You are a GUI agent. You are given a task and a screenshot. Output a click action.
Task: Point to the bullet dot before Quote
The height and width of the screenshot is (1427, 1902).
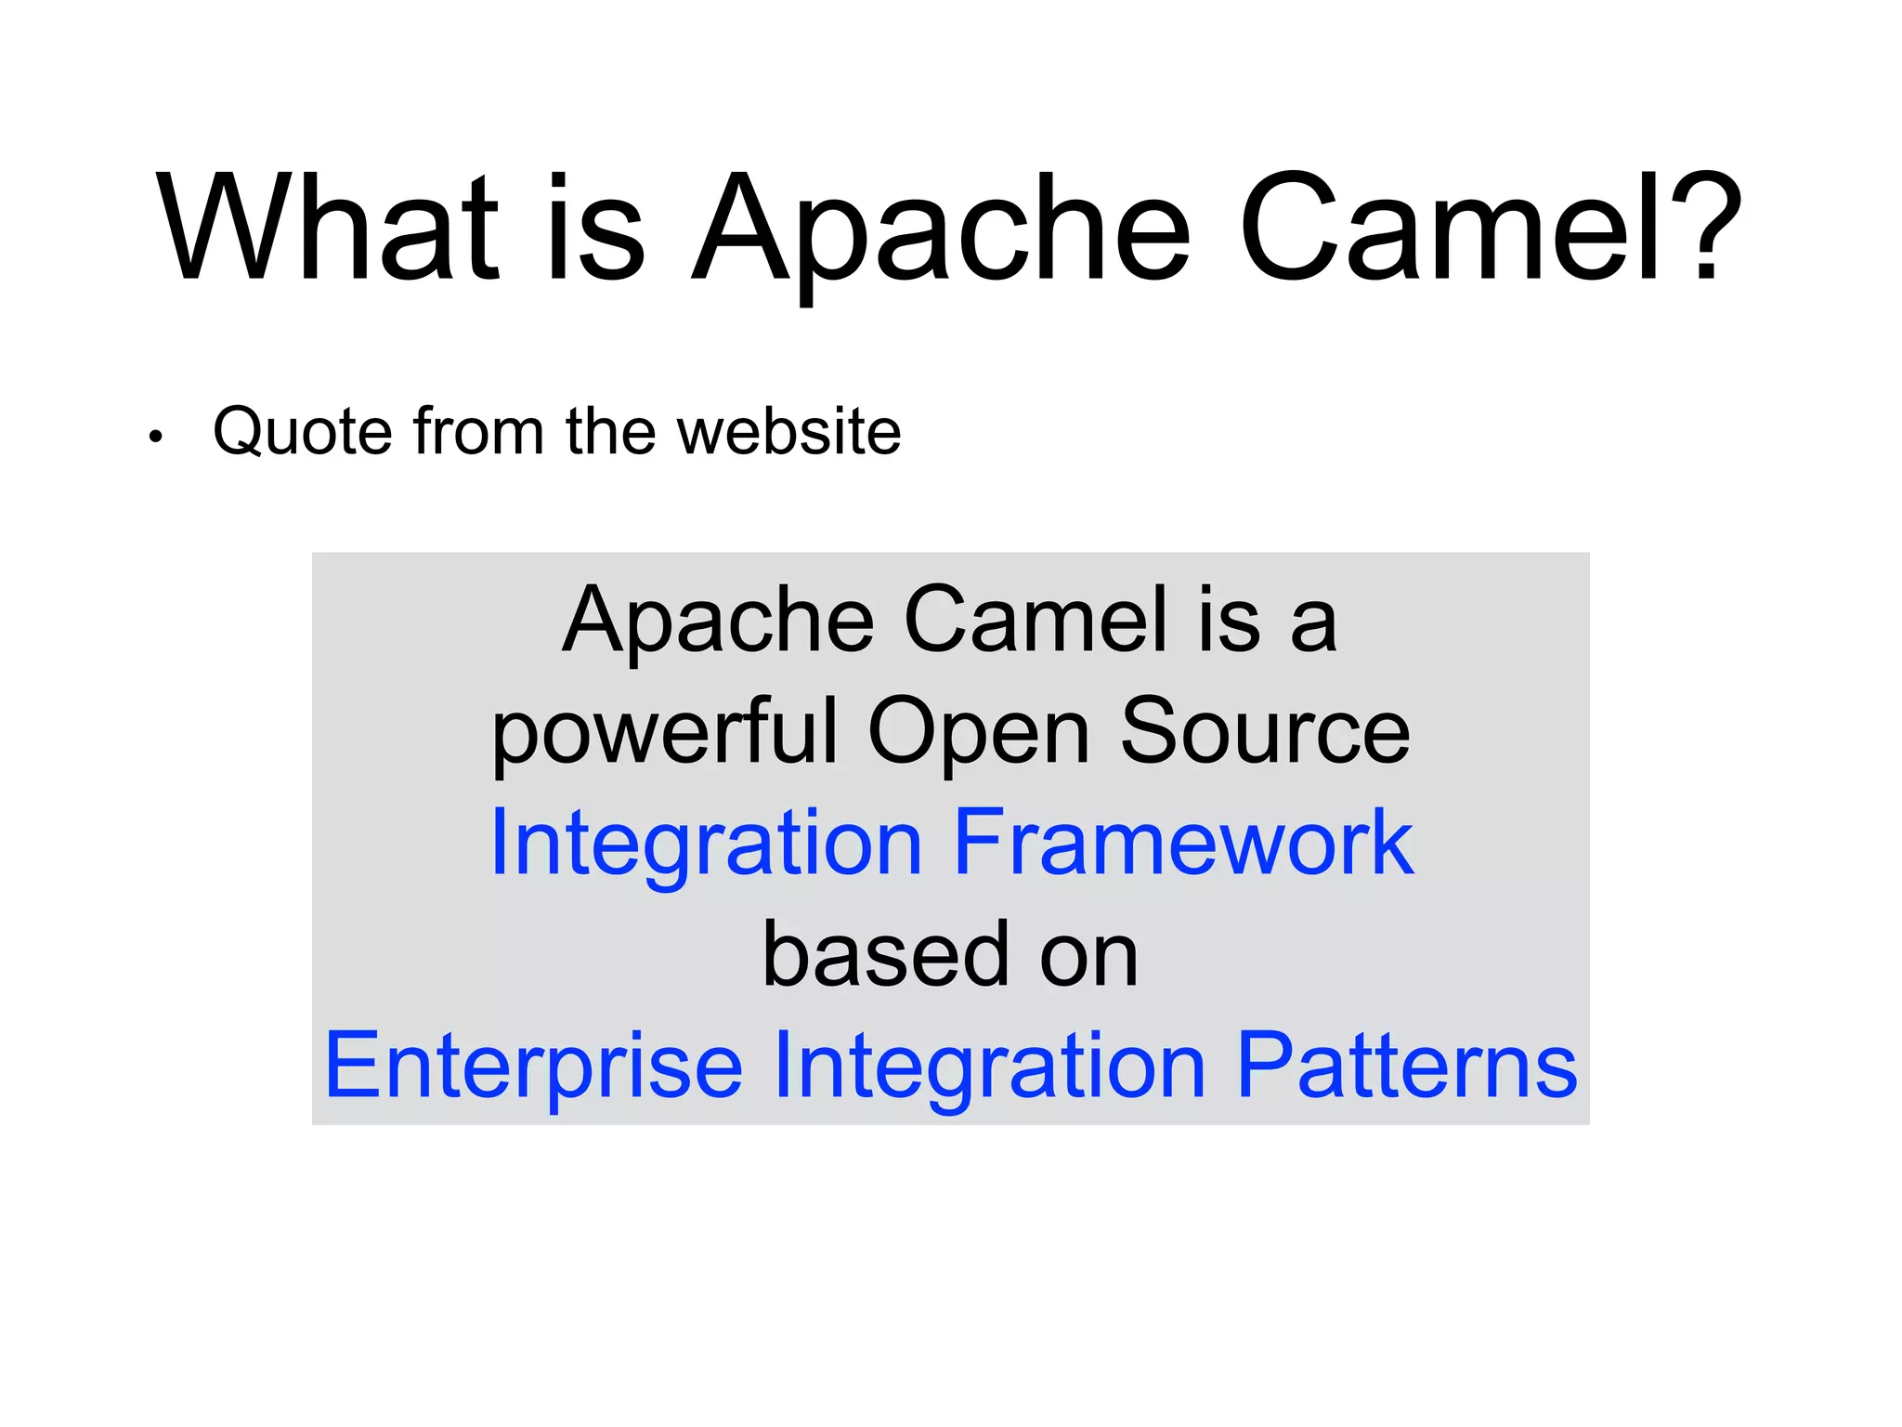[155, 437]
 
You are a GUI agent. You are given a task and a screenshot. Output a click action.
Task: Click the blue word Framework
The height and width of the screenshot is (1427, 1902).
[1182, 843]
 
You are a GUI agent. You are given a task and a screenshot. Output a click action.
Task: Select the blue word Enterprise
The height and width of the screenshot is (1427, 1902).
[534, 1067]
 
